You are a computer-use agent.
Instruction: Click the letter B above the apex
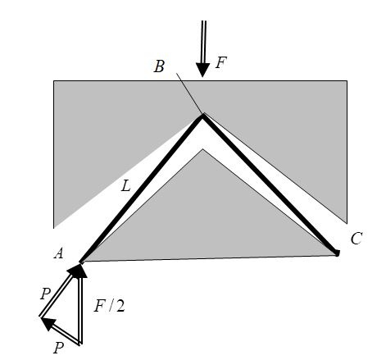point(159,66)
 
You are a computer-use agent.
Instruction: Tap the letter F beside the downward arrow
point(221,62)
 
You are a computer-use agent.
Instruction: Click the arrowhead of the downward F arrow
point(202,70)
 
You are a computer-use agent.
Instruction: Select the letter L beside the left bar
point(126,186)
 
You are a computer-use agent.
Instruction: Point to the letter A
point(59,253)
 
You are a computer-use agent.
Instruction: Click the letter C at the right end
point(356,238)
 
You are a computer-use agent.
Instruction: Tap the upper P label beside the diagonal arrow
point(45,294)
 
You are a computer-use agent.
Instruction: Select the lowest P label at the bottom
point(58,348)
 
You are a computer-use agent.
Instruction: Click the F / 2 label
point(109,306)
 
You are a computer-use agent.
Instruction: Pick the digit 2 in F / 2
point(120,306)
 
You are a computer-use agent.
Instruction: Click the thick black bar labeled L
point(142,189)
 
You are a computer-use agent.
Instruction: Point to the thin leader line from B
point(189,93)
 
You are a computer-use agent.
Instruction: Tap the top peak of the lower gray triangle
point(202,149)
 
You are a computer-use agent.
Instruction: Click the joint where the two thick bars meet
point(202,116)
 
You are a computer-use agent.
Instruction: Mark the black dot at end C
point(337,253)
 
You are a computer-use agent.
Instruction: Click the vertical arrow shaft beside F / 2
point(80,310)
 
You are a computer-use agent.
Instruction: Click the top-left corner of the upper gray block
point(53,80)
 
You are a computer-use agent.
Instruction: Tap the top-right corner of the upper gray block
point(347,80)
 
